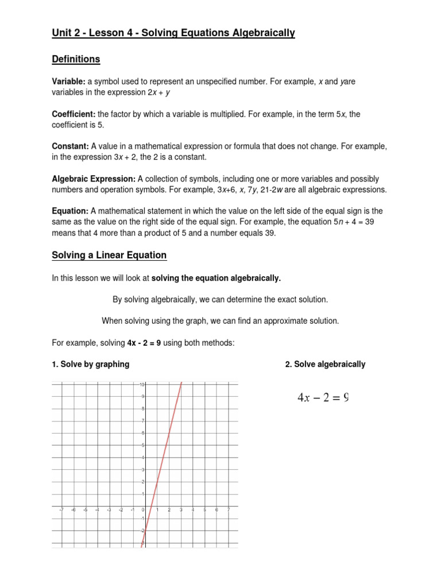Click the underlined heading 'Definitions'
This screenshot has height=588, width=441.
click(76, 59)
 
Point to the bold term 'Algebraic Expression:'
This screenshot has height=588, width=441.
click(93, 179)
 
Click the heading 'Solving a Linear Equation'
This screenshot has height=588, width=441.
click(109, 255)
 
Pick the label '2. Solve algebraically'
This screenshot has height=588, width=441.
click(325, 364)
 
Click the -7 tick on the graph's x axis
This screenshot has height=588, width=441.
click(61, 509)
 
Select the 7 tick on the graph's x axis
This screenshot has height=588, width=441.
click(229, 509)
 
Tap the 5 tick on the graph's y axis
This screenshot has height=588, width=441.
click(142, 445)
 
